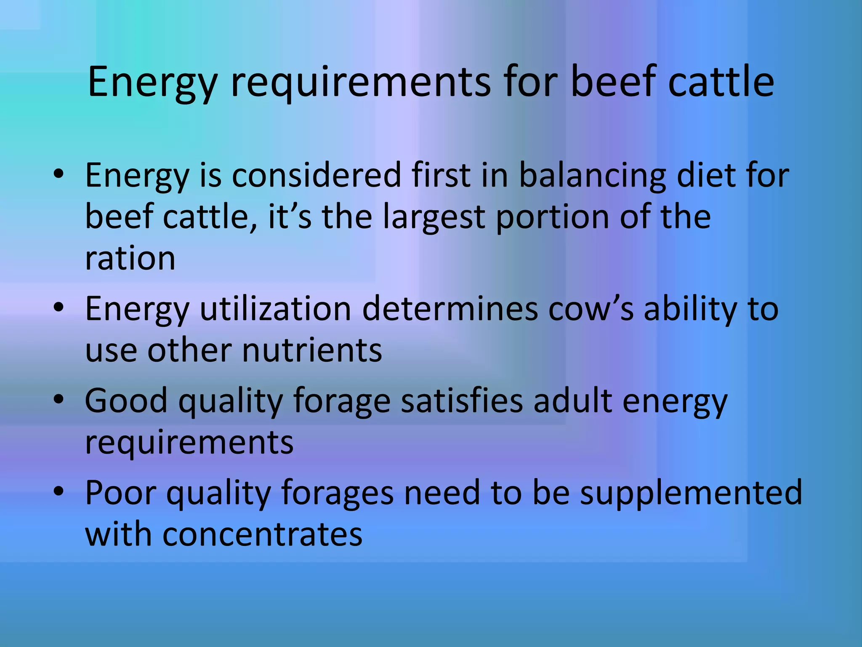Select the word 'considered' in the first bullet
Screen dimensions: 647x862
click(316, 175)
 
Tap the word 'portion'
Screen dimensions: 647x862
click(552, 217)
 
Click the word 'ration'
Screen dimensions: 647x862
click(130, 259)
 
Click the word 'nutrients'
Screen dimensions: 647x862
click(312, 350)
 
